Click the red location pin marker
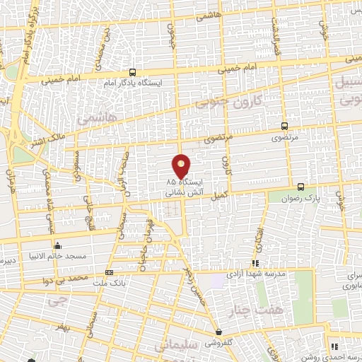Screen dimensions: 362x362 click(x=182, y=166)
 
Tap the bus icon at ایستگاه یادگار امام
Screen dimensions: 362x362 click(x=133, y=72)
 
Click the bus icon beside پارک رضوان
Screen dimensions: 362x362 click(x=301, y=187)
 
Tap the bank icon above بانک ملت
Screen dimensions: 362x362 click(x=109, y=272)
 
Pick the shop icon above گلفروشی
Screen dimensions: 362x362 click(x=219, y=332)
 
